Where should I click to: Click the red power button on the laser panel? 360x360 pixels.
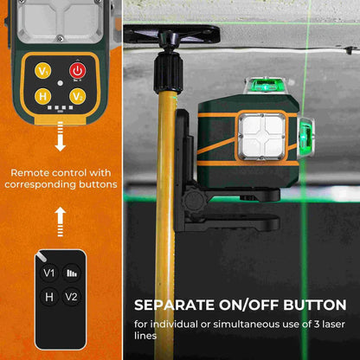(77, 71)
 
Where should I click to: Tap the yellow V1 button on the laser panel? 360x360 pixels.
(43, 71)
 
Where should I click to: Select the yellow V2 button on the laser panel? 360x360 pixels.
(77, 96)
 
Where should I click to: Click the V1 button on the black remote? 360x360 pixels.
(49, 273)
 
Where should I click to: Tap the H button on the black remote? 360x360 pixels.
(49, 297)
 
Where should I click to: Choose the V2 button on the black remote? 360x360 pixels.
(71, 297)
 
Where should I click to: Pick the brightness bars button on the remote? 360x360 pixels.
(72, 273)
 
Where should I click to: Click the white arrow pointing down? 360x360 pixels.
(60, 137)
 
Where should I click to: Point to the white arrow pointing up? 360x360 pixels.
(60, 222)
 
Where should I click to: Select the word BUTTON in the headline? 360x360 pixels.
(315, 305)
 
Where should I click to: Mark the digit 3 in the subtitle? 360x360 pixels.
(317, 325)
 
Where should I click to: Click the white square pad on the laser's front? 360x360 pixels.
(262, 136)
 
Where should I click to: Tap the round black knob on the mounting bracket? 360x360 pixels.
(195, 200)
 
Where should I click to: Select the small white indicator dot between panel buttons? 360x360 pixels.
(60, 83)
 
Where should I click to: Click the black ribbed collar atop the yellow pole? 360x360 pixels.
(168, 73)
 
